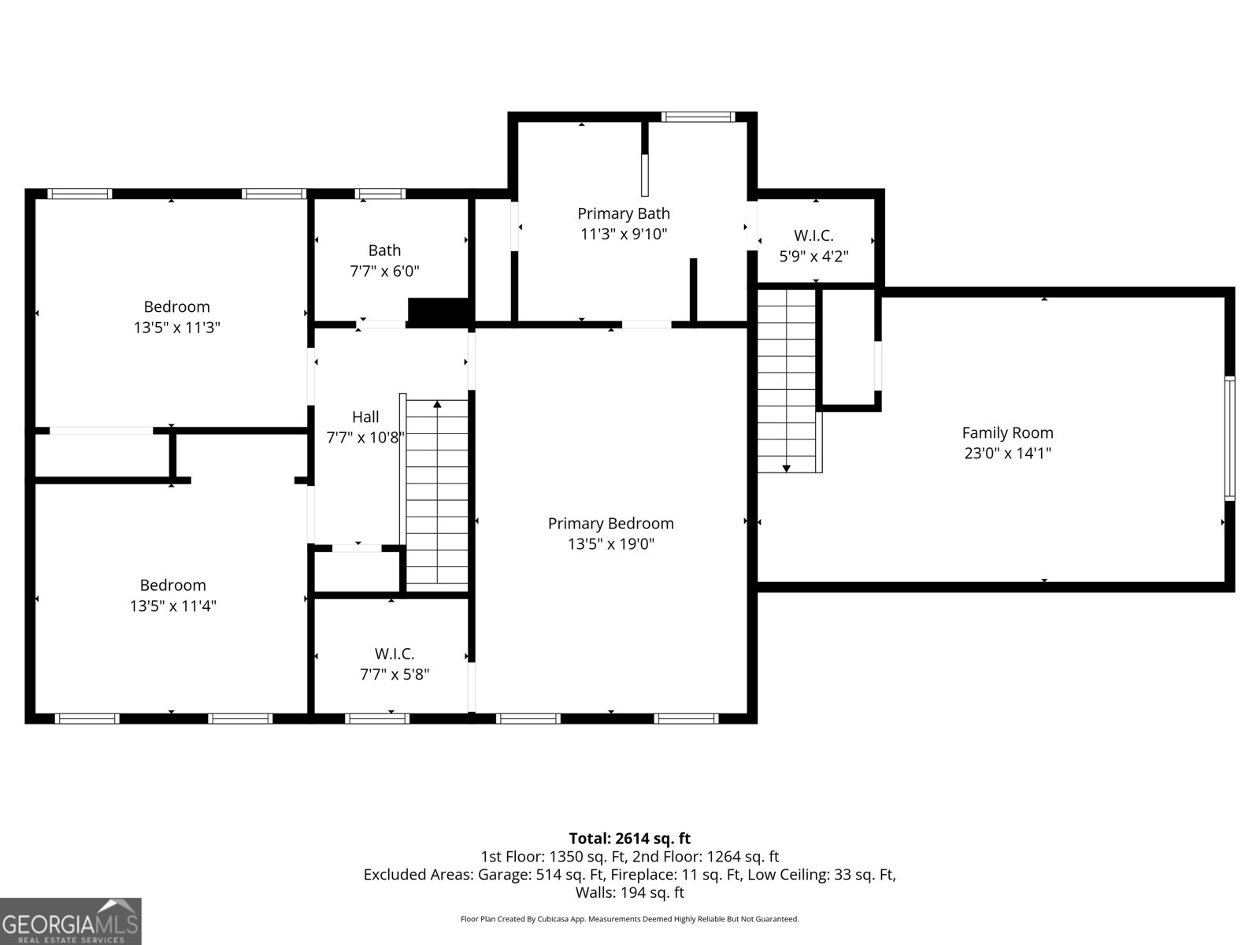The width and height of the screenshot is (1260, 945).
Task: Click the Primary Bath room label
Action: point(624,213)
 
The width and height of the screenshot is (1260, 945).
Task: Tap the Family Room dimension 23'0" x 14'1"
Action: point(1007,454)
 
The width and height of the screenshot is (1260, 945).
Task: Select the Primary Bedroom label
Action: point(611,523)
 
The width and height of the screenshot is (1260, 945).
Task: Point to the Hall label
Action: point(365,417)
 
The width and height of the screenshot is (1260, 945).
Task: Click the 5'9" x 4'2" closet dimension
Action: point(813,256)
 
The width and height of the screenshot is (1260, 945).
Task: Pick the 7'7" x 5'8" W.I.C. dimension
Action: point(395,674)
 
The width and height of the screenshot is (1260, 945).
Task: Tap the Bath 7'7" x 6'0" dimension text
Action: point(384,271)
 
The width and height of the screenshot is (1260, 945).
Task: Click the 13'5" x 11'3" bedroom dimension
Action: point(177,328)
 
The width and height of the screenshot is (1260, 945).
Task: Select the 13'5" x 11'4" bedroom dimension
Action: point(172,606)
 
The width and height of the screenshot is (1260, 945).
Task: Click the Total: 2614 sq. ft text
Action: point(630,839)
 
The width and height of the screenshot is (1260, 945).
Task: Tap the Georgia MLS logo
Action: point(71,921)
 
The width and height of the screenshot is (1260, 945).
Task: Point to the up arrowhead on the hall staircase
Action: point(437,405)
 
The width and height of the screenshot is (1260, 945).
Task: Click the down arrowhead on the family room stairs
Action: point(787,469)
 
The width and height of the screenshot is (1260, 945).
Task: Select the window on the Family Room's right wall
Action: point(1229,439)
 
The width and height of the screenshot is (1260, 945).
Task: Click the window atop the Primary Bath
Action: point(698,117)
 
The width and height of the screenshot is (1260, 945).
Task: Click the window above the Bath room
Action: point(380,194)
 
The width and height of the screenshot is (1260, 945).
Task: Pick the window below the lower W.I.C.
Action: point(377,718)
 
